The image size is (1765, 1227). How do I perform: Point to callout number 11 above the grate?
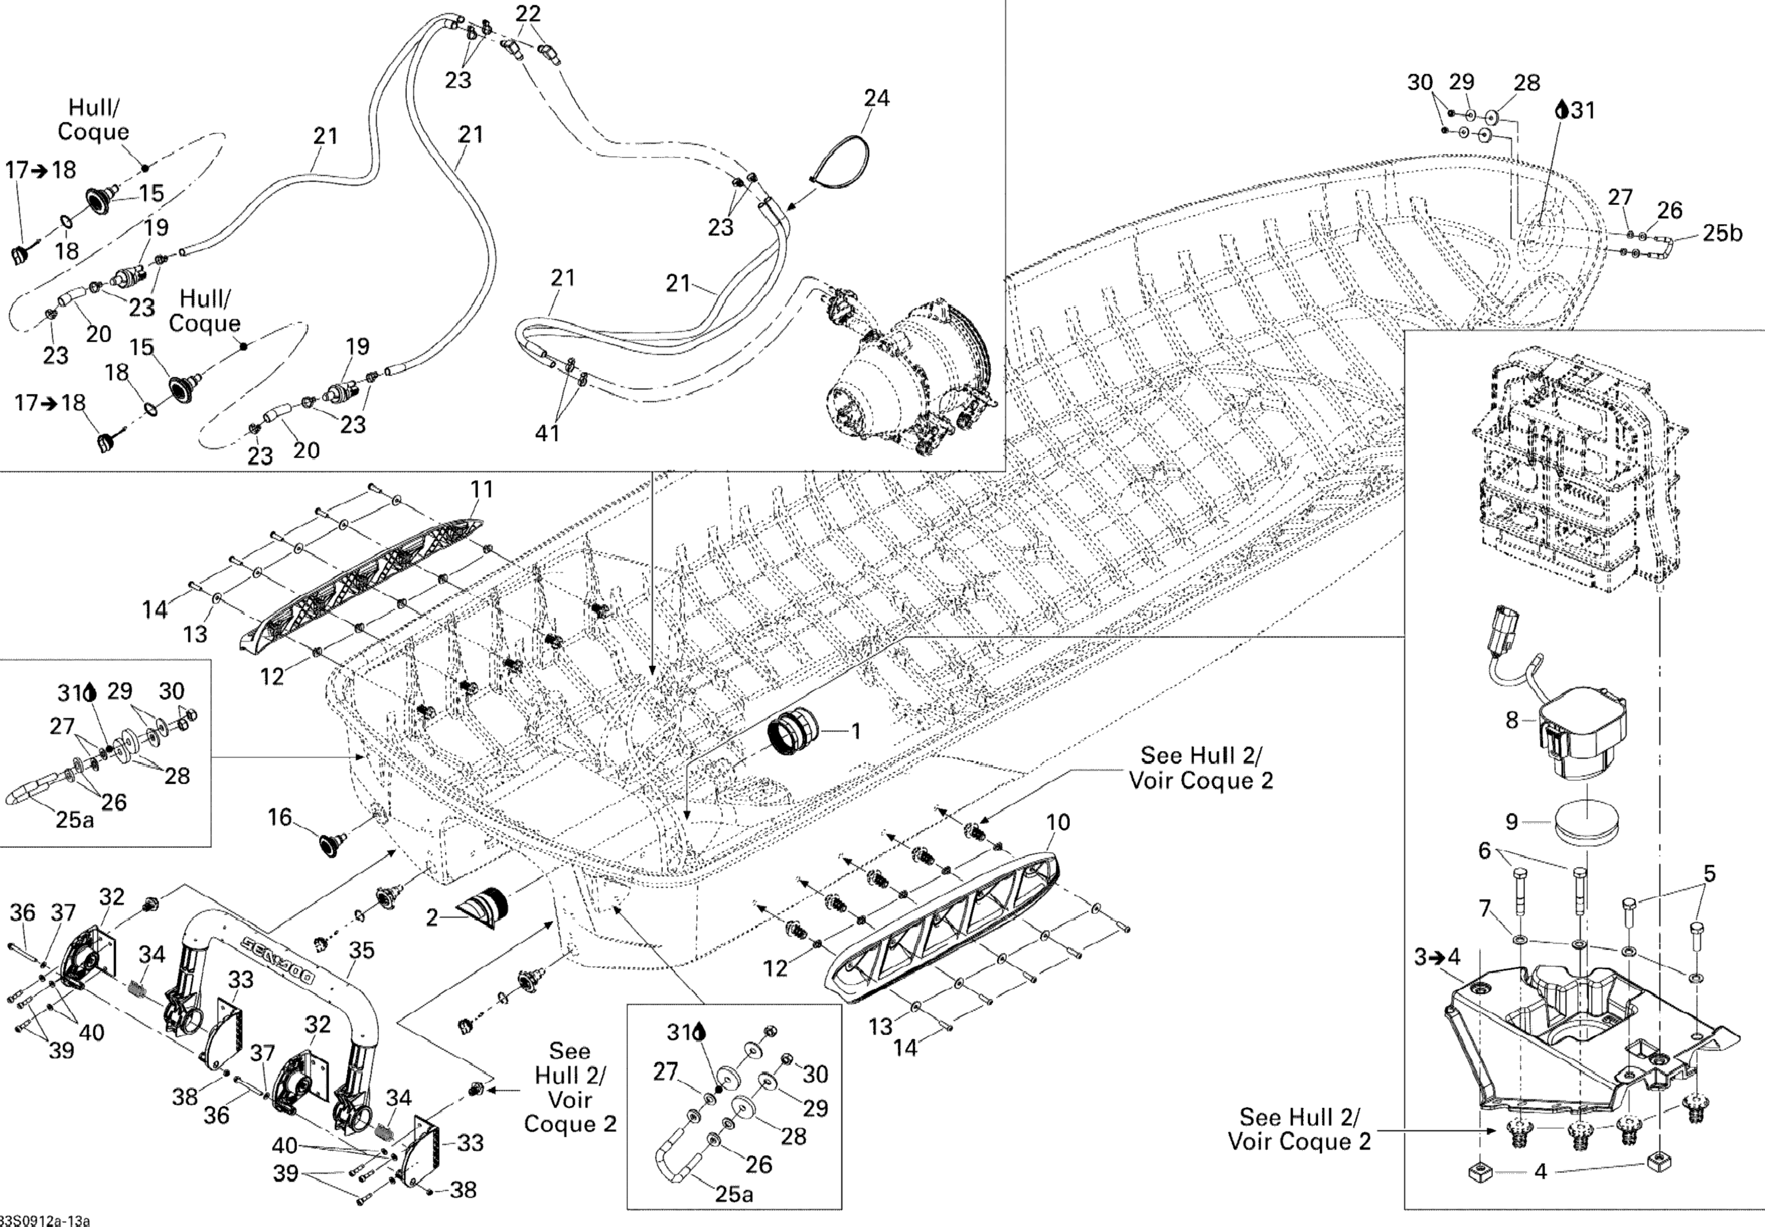point(481,489)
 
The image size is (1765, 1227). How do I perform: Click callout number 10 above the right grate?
point(1058,822)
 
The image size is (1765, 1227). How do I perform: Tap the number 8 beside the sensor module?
point(1512,720)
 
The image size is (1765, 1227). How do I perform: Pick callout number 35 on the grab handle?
point(361,950)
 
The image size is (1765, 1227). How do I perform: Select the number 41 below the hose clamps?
point(547,434)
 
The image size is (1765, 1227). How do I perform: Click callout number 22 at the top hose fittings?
point(528,13)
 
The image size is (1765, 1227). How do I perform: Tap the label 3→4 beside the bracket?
point(1436,957)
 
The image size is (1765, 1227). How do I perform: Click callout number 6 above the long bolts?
point(1485,850)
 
